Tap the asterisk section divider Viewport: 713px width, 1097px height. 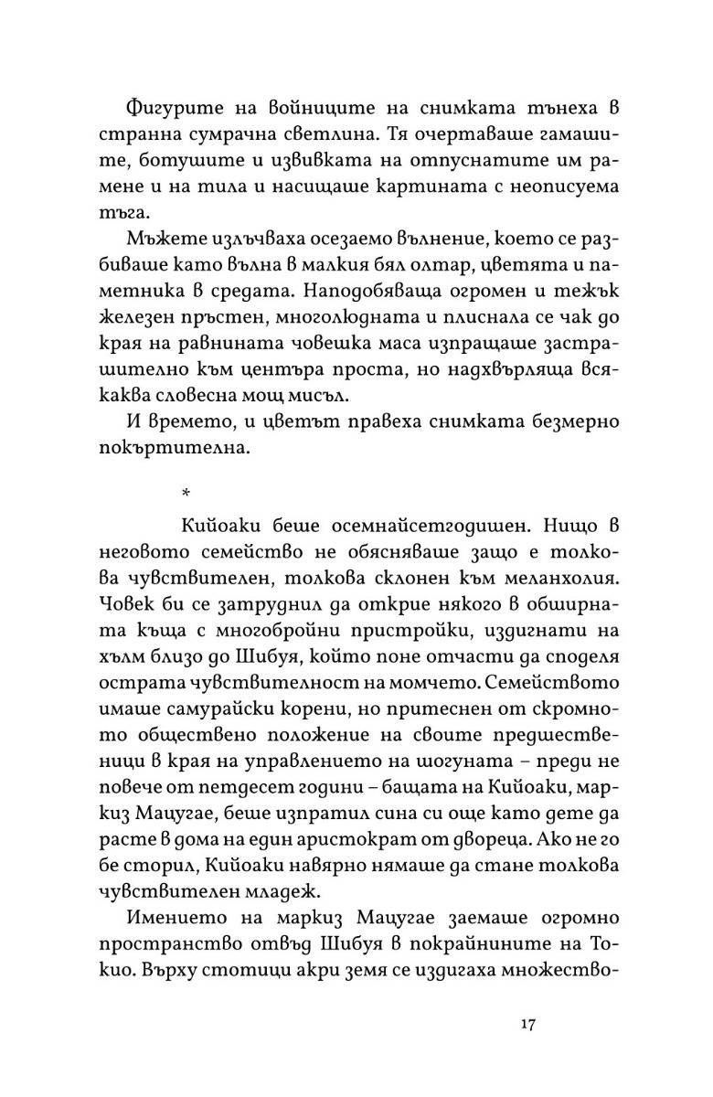pyautogui.click(x=186, y=493)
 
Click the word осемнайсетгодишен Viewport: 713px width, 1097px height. pyautogui.click(x=405, y=528)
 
